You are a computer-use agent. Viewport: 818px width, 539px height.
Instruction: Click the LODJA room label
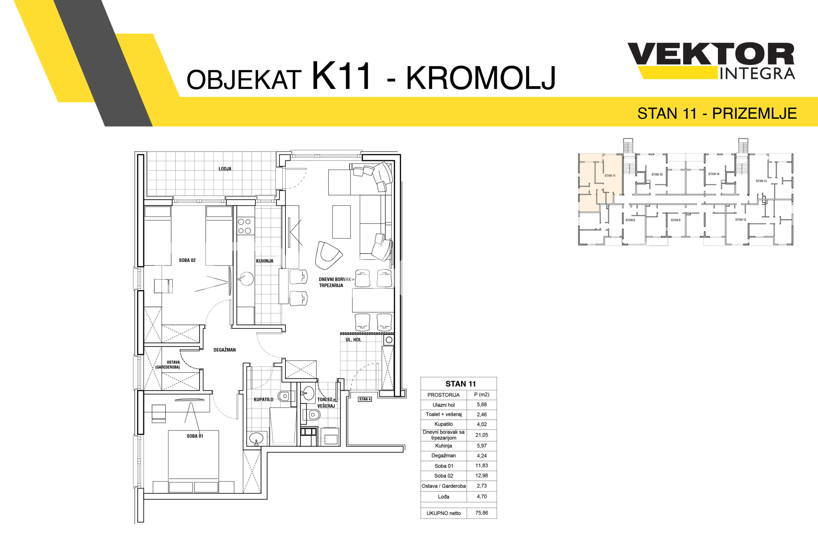point(225,169)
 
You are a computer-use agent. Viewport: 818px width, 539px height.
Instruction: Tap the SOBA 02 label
point(187,260)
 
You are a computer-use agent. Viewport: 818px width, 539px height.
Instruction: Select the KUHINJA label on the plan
point(265,261)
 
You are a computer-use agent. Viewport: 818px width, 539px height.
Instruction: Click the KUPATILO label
point(263,400)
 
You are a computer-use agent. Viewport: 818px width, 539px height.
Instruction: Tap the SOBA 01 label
point(195,436)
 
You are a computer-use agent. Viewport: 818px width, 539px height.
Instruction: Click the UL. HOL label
point(353,340)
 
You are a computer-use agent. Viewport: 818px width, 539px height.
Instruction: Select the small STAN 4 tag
point(365,399)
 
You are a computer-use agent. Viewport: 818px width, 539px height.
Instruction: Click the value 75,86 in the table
point(482,513)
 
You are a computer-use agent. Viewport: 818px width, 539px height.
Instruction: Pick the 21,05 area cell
point(482,435)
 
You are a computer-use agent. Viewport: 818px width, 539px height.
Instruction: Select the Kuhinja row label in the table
point(443,445)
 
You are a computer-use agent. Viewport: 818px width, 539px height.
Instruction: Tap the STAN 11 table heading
point(460,384)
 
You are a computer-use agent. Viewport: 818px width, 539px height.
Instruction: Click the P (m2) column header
point(482,395)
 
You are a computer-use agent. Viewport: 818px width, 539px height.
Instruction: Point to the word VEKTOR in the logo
point(711,54)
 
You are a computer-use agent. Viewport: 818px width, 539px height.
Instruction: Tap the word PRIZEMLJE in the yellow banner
point(754,113)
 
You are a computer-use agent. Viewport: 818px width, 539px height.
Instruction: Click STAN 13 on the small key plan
point(761,181)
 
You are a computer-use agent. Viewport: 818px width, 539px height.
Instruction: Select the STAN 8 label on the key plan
point(630,220)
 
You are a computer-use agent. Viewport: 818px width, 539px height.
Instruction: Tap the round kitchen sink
point(246,279)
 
